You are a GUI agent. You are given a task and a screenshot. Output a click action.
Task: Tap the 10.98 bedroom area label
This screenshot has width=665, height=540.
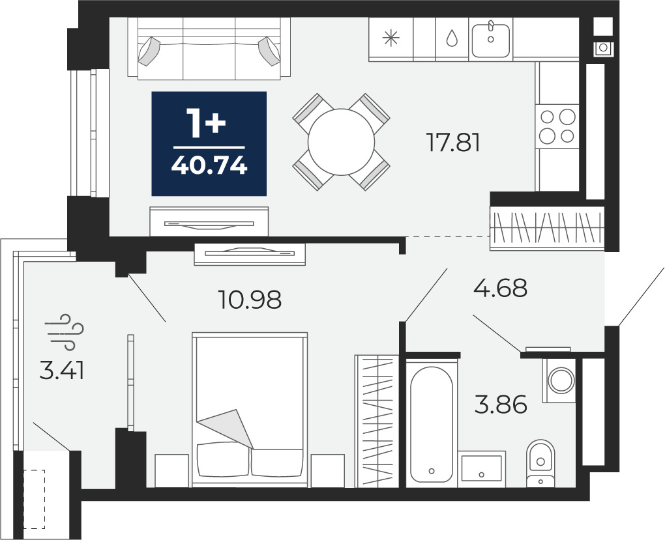pos(250,300)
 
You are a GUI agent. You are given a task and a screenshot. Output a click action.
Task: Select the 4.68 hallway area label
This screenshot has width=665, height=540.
pos(501,288)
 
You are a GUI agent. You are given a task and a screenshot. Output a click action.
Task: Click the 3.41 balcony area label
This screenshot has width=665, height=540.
pos(61,371)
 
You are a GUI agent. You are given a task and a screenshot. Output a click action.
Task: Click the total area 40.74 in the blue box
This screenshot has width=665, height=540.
pos(209,165)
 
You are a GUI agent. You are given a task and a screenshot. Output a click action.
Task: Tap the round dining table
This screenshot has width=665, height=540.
pos(342,142)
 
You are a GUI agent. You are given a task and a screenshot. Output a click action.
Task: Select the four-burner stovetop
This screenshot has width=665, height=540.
pos(557,126)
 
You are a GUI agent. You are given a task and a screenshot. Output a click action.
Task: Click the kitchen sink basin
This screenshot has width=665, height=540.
pos(491,40)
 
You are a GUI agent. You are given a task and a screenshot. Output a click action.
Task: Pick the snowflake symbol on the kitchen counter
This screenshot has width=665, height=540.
pos(391,38)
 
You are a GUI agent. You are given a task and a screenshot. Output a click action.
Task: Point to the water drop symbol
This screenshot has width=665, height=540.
pos(452,38)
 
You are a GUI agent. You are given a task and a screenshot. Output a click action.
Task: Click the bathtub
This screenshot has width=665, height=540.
pos(432,424)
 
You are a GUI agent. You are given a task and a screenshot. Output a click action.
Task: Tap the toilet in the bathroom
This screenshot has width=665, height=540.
pos(540,463)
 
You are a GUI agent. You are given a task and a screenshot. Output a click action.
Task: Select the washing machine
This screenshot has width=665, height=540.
pos(559,380)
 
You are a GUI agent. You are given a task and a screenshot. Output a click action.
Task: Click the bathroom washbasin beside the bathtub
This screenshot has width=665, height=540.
pos(481,468)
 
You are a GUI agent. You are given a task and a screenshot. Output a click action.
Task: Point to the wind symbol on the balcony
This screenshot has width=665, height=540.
pos(65,332)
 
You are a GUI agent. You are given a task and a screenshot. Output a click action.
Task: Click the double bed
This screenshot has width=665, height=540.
pos(250,410)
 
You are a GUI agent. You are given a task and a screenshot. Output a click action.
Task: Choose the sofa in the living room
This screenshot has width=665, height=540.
pos(209,48)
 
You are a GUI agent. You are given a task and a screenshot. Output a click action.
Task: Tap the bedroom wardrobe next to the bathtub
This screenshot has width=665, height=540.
pos(377,421)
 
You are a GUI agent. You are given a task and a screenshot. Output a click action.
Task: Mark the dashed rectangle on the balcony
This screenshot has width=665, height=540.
pos(34,499)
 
